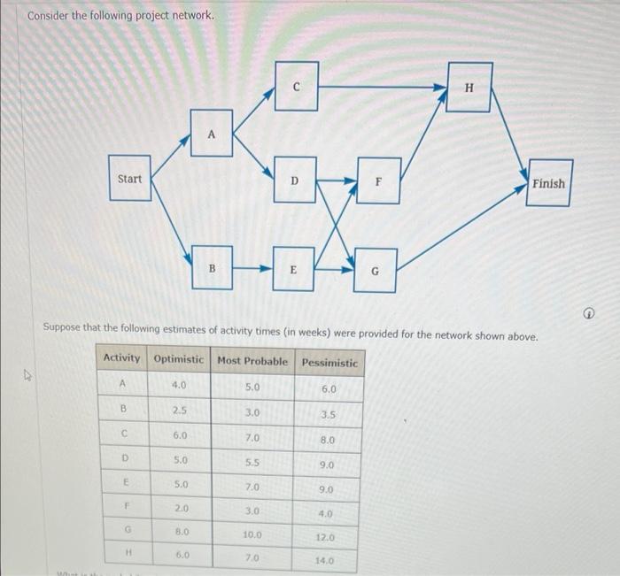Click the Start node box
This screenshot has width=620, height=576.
click(130, 179)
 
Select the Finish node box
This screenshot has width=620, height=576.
click(548, 183)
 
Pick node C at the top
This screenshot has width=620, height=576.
click(296, 86)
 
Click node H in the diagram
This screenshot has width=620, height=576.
click(469, 87)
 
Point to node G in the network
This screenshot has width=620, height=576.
click(374, 272)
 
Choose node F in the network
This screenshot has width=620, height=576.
click(378, 180)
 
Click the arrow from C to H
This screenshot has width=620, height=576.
click(381, 87)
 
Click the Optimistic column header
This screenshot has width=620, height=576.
click(178, 361)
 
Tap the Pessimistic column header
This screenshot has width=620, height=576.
click(329, 362)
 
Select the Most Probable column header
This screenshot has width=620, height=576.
click(252, 361)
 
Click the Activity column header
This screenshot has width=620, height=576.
click(122, 358)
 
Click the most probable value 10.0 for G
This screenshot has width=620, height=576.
click(251, 534)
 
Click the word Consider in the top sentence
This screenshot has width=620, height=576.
click(50, 16)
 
